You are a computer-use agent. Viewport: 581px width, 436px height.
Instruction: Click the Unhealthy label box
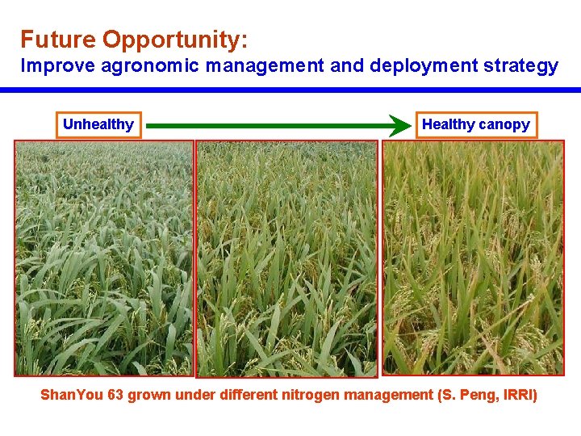click(98, 124)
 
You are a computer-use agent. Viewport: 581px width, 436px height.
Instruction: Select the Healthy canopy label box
click(476, 124)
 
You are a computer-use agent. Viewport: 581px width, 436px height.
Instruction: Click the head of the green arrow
click(399, 126)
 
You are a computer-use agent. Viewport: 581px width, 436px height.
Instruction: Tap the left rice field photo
click(103, 258)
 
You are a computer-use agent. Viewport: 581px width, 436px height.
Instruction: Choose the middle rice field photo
click(287, 258)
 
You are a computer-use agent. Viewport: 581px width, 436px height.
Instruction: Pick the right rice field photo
click(473, 258)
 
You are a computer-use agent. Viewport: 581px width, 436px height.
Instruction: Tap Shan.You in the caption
click(73, 396)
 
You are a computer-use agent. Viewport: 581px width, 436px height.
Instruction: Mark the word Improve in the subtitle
click(50, 66)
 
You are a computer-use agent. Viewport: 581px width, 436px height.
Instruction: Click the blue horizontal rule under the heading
click(290, 90)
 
